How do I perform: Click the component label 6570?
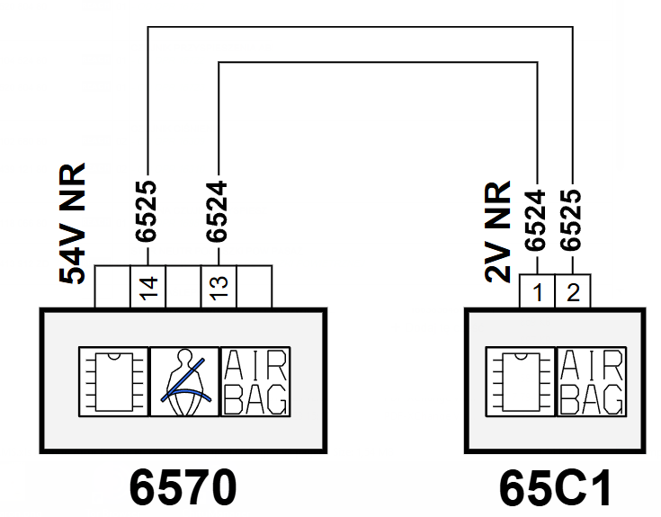(183, 487)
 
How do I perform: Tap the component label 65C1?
(556, 489)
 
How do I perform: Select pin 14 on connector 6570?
(147, 287)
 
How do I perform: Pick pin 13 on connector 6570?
(219, 287)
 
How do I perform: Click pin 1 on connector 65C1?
(537, 291)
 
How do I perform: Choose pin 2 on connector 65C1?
(573, 291)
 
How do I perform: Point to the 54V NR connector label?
(73, 223)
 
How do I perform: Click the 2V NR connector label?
(498, 232)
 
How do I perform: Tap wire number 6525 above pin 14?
(147, 211)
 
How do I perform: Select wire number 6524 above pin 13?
(217, 211)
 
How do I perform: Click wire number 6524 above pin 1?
(535, 220)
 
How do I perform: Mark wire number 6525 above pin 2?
(571, 220)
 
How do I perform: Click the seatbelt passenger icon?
(184, 382)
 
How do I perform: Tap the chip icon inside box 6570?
(114, 382)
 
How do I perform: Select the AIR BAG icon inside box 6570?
(255, 382)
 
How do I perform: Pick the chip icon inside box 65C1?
(521, 382)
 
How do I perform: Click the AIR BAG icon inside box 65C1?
(592, 382)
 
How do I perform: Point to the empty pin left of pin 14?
(112, 287)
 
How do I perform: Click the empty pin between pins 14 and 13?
(183, 287)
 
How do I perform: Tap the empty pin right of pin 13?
(255, 287)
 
